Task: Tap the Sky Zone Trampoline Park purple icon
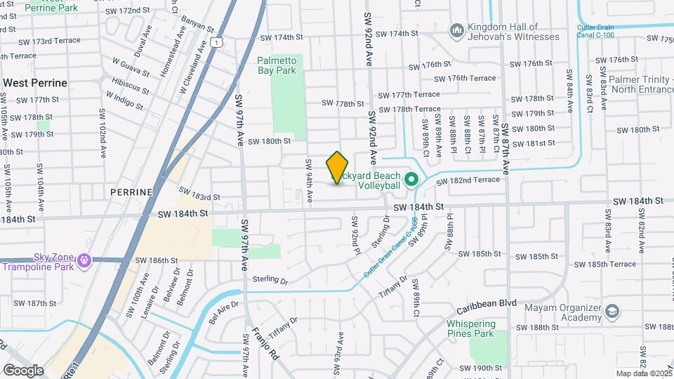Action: coord(85,261)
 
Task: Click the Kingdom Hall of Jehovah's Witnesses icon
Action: coord(457,31)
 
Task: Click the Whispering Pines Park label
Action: coord(471,328)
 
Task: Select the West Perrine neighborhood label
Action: coord(35,83)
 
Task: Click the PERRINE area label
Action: coord(131,192)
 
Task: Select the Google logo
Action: coord(23,370)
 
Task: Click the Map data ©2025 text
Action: coord(643,373)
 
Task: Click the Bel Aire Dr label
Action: coord(225,309)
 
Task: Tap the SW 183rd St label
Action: coord(199,194)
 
